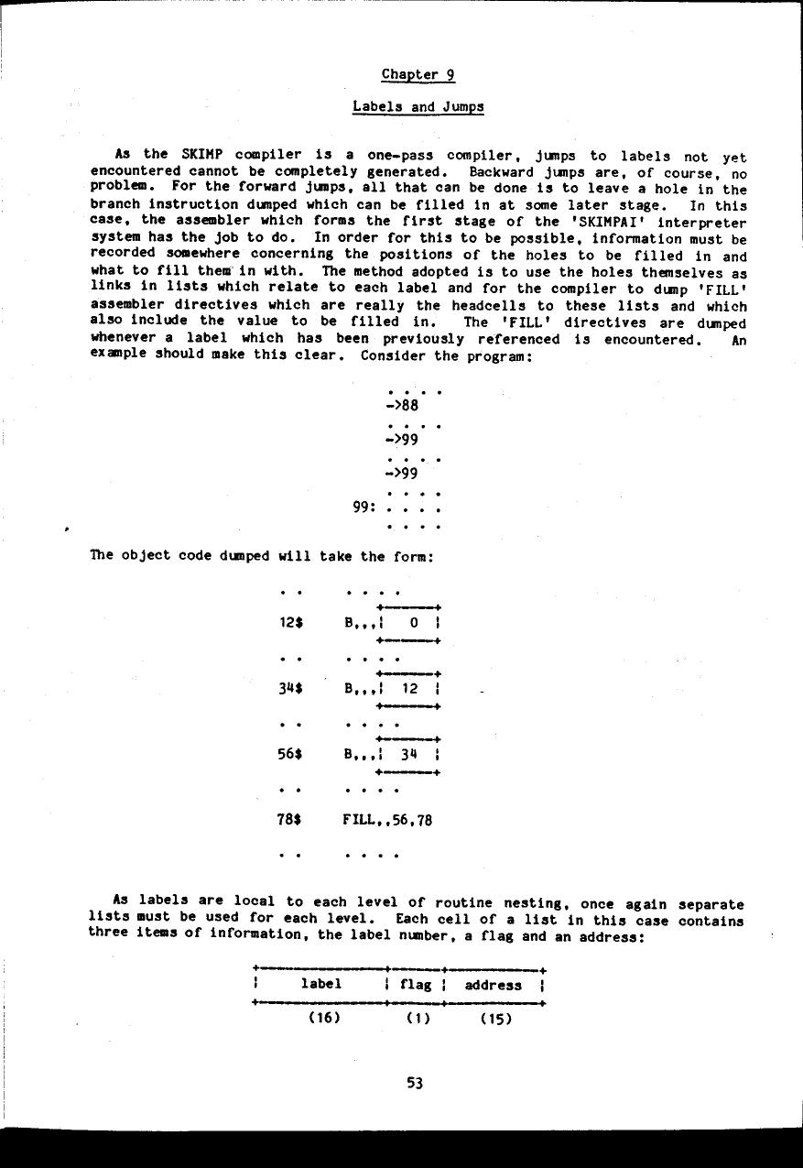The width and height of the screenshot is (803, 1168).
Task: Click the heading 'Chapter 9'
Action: click(418, 74)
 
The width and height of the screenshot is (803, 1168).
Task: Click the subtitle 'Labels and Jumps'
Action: click(418, 106)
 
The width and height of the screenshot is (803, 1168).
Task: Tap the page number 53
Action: click(415, 1083)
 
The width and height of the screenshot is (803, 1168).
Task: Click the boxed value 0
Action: click(413, 623)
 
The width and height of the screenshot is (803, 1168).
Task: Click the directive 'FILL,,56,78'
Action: click(387, 820)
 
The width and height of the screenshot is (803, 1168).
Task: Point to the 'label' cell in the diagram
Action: click(320, 985)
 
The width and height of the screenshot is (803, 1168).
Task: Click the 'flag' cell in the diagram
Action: click(416, 985)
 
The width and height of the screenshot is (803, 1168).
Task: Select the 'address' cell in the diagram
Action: click(493, 985)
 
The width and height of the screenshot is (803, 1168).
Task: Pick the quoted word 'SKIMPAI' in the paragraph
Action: click(600, 222)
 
